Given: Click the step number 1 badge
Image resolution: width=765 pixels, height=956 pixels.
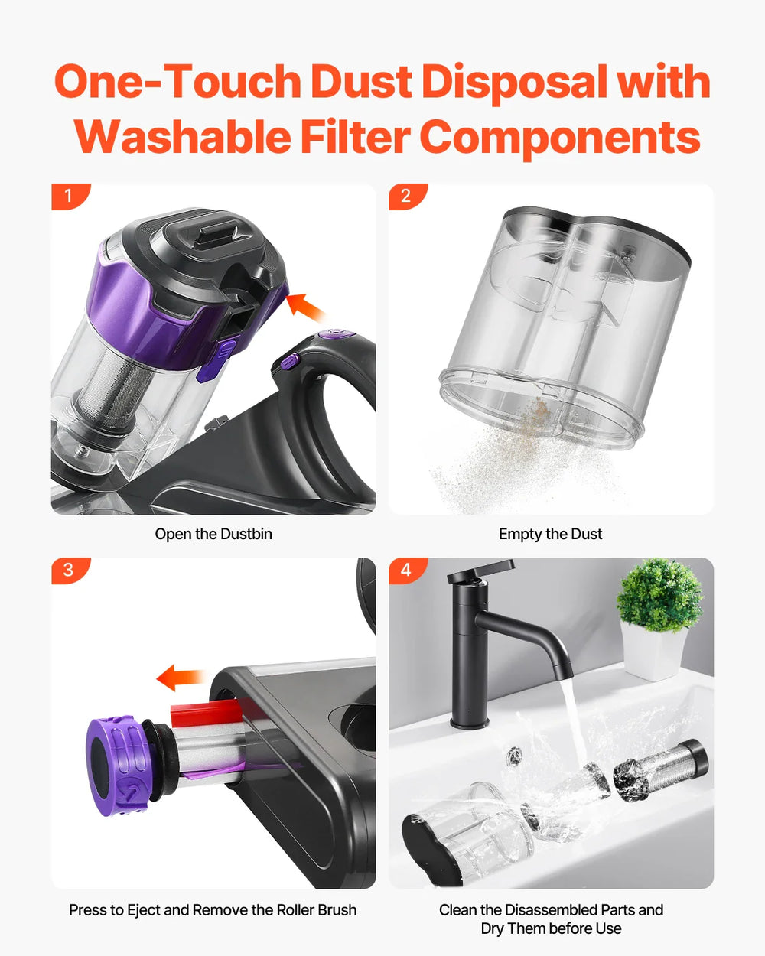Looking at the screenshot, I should point(68,196).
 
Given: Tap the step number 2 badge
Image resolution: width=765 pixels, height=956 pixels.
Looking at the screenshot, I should point(405,196).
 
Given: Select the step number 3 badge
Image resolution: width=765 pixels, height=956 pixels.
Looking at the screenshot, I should point(68,571).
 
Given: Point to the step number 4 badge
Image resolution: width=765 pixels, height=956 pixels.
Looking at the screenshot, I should point(405,571).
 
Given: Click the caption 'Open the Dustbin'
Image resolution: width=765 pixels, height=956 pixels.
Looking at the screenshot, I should point(213,534).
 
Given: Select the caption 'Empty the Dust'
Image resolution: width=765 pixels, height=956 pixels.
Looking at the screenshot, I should point(550,534).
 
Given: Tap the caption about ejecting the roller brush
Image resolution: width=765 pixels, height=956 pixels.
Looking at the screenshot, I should point(213,910).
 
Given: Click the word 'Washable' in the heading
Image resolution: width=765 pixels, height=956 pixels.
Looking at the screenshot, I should point(182,138).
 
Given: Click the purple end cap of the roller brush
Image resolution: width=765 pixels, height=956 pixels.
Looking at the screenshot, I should point(115,765).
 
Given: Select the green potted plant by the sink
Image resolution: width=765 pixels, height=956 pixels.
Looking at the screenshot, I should point(658,597).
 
